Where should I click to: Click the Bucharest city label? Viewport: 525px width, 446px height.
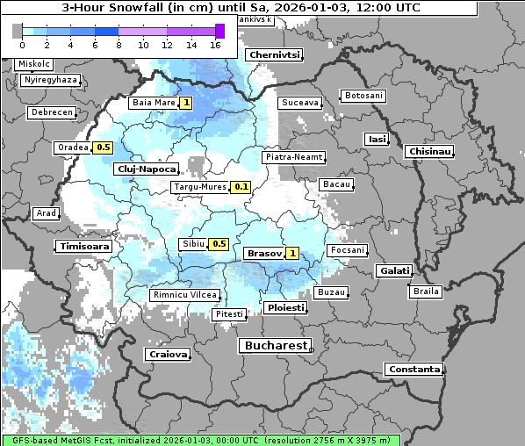[x=275, y=346]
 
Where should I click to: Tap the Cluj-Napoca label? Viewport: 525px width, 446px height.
[x=146, y=169]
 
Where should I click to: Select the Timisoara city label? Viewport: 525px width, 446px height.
[x=84, y=247]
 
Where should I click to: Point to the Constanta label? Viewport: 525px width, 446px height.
[x=414, y=370]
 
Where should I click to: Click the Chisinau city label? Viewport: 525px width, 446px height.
[x=429, y=152]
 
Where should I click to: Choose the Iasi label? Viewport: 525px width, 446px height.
[x=377, y=139]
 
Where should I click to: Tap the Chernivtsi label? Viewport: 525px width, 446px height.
[x=274, y=54]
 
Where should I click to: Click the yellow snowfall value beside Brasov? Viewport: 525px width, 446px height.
[x=293, y=253]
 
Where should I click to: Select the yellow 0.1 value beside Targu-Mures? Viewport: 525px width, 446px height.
[x=241, y=187]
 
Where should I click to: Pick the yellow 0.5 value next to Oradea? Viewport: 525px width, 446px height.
[x=104, y=147]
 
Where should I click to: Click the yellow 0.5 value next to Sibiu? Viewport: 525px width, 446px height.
[x=219, y=244]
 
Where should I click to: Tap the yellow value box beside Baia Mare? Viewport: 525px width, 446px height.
[x=186, y=103]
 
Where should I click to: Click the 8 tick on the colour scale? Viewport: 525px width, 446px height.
[x=119, y=45]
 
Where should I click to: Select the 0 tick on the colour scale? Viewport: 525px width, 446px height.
[x=22, y=45]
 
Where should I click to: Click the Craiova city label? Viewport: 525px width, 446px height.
[x=168, y=355]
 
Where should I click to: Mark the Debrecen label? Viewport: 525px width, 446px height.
[x=51, y=112]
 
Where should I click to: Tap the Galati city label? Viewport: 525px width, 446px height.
[x=393, y=271]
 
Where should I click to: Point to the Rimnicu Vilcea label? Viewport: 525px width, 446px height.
[x=183, y=296]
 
